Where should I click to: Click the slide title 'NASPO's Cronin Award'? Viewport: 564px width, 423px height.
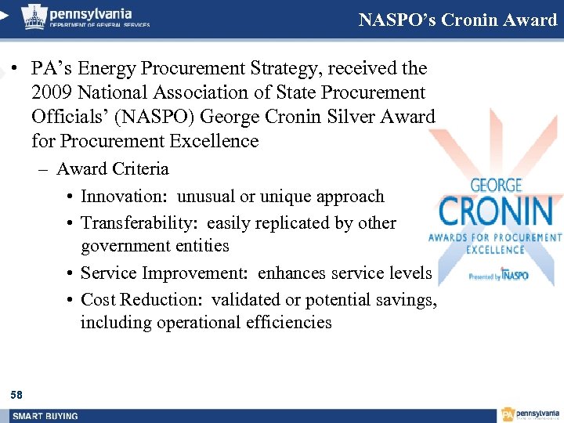tap(457, 20)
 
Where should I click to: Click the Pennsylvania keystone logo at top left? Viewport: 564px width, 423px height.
tap(33, 16)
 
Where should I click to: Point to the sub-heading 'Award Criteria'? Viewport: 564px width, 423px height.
tap(112, 168)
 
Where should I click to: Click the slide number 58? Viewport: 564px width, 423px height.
tap(17, 395)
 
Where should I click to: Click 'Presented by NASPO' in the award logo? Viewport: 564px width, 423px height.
tap(498, 276)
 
